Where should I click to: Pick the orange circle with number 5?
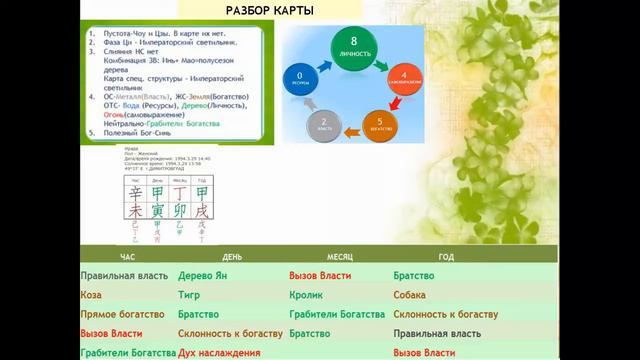(x=384, y=124)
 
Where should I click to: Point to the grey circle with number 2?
(x=324, y=124)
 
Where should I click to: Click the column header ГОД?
(x=445, y=257)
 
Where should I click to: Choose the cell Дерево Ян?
(x=204, y=275)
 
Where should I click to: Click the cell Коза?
(x=92, y=295)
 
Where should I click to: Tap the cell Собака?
(x=409, y=295)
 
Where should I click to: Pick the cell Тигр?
(x=191, y=295)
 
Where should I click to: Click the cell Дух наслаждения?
(x=219, y=353)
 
